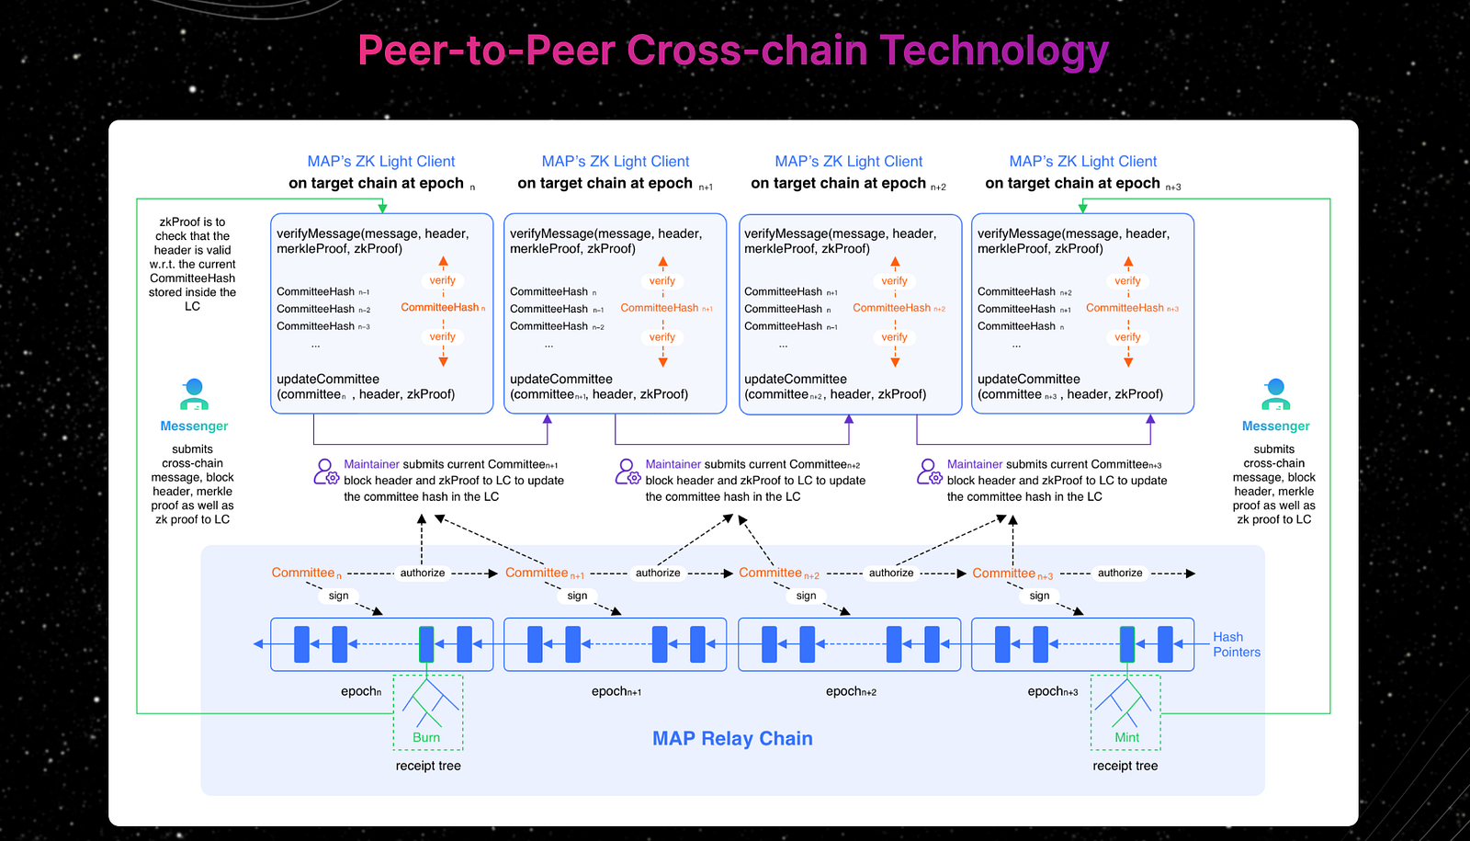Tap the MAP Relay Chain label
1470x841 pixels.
tap(732, 739)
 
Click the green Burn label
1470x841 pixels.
tap(426, 737)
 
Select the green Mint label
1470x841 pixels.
tap(1126, 737)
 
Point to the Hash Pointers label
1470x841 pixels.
tap(1236, 644)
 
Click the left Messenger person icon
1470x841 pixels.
tap(194, 394)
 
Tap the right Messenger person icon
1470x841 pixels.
tap(1275, 394)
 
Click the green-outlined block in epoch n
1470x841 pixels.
tap(426, 644)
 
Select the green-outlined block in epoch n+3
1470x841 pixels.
tap(1127, 644)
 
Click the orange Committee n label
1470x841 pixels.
tap(305, 573)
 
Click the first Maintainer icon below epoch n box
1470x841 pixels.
tap(326, 472)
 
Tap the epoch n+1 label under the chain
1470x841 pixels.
tap(616, 691)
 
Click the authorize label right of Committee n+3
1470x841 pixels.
tap(1120, 573)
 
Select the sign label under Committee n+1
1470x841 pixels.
tap(577, 596)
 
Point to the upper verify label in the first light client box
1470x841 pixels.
tap(443, 280)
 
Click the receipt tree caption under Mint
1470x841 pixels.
tap(1125, 766)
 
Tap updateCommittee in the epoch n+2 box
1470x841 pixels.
tap(796, 379)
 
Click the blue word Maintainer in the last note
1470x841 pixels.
tap(975, 464)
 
